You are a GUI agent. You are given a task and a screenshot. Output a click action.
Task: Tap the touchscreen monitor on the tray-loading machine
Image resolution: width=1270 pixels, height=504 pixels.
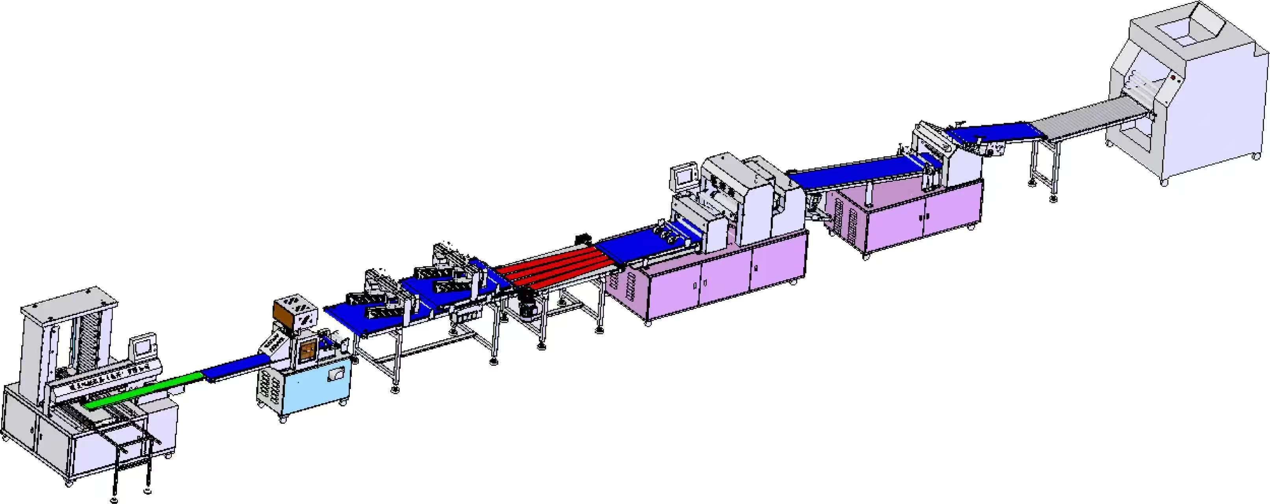(x=145, y=347)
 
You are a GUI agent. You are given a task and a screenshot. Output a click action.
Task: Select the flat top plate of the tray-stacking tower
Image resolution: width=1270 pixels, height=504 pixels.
(x=69, y=302)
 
